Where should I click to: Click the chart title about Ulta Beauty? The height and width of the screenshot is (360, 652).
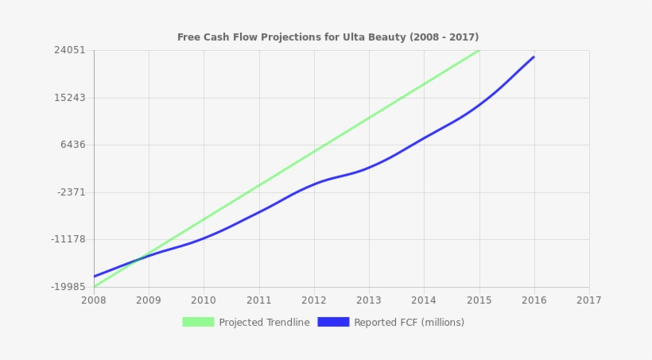(328, 37)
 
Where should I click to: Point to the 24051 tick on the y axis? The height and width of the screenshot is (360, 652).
(69, 50)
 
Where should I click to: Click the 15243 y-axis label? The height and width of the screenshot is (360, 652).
(69, 98)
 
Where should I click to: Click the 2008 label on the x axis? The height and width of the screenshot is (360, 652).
(94, 300)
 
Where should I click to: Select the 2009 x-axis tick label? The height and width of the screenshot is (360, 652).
(149, 300)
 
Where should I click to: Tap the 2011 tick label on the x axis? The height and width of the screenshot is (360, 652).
(258, 300)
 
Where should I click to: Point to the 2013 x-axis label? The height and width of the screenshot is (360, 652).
(369, 300)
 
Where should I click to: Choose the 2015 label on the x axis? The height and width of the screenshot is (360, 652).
(479, 300)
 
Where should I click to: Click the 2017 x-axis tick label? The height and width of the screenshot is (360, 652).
(589, 300)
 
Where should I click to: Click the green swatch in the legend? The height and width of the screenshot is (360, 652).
(198, 322)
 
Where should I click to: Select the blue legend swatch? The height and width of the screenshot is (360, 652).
(333, 322)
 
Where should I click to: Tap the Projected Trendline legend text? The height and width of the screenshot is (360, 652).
(264, 323)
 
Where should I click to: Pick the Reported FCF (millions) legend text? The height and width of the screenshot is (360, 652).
(409, 323)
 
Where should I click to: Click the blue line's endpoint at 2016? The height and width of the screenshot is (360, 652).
(534, 57)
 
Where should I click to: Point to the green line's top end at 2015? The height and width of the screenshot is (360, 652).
(479, 50)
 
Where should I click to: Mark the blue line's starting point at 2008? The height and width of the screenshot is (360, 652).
(94, 277)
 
